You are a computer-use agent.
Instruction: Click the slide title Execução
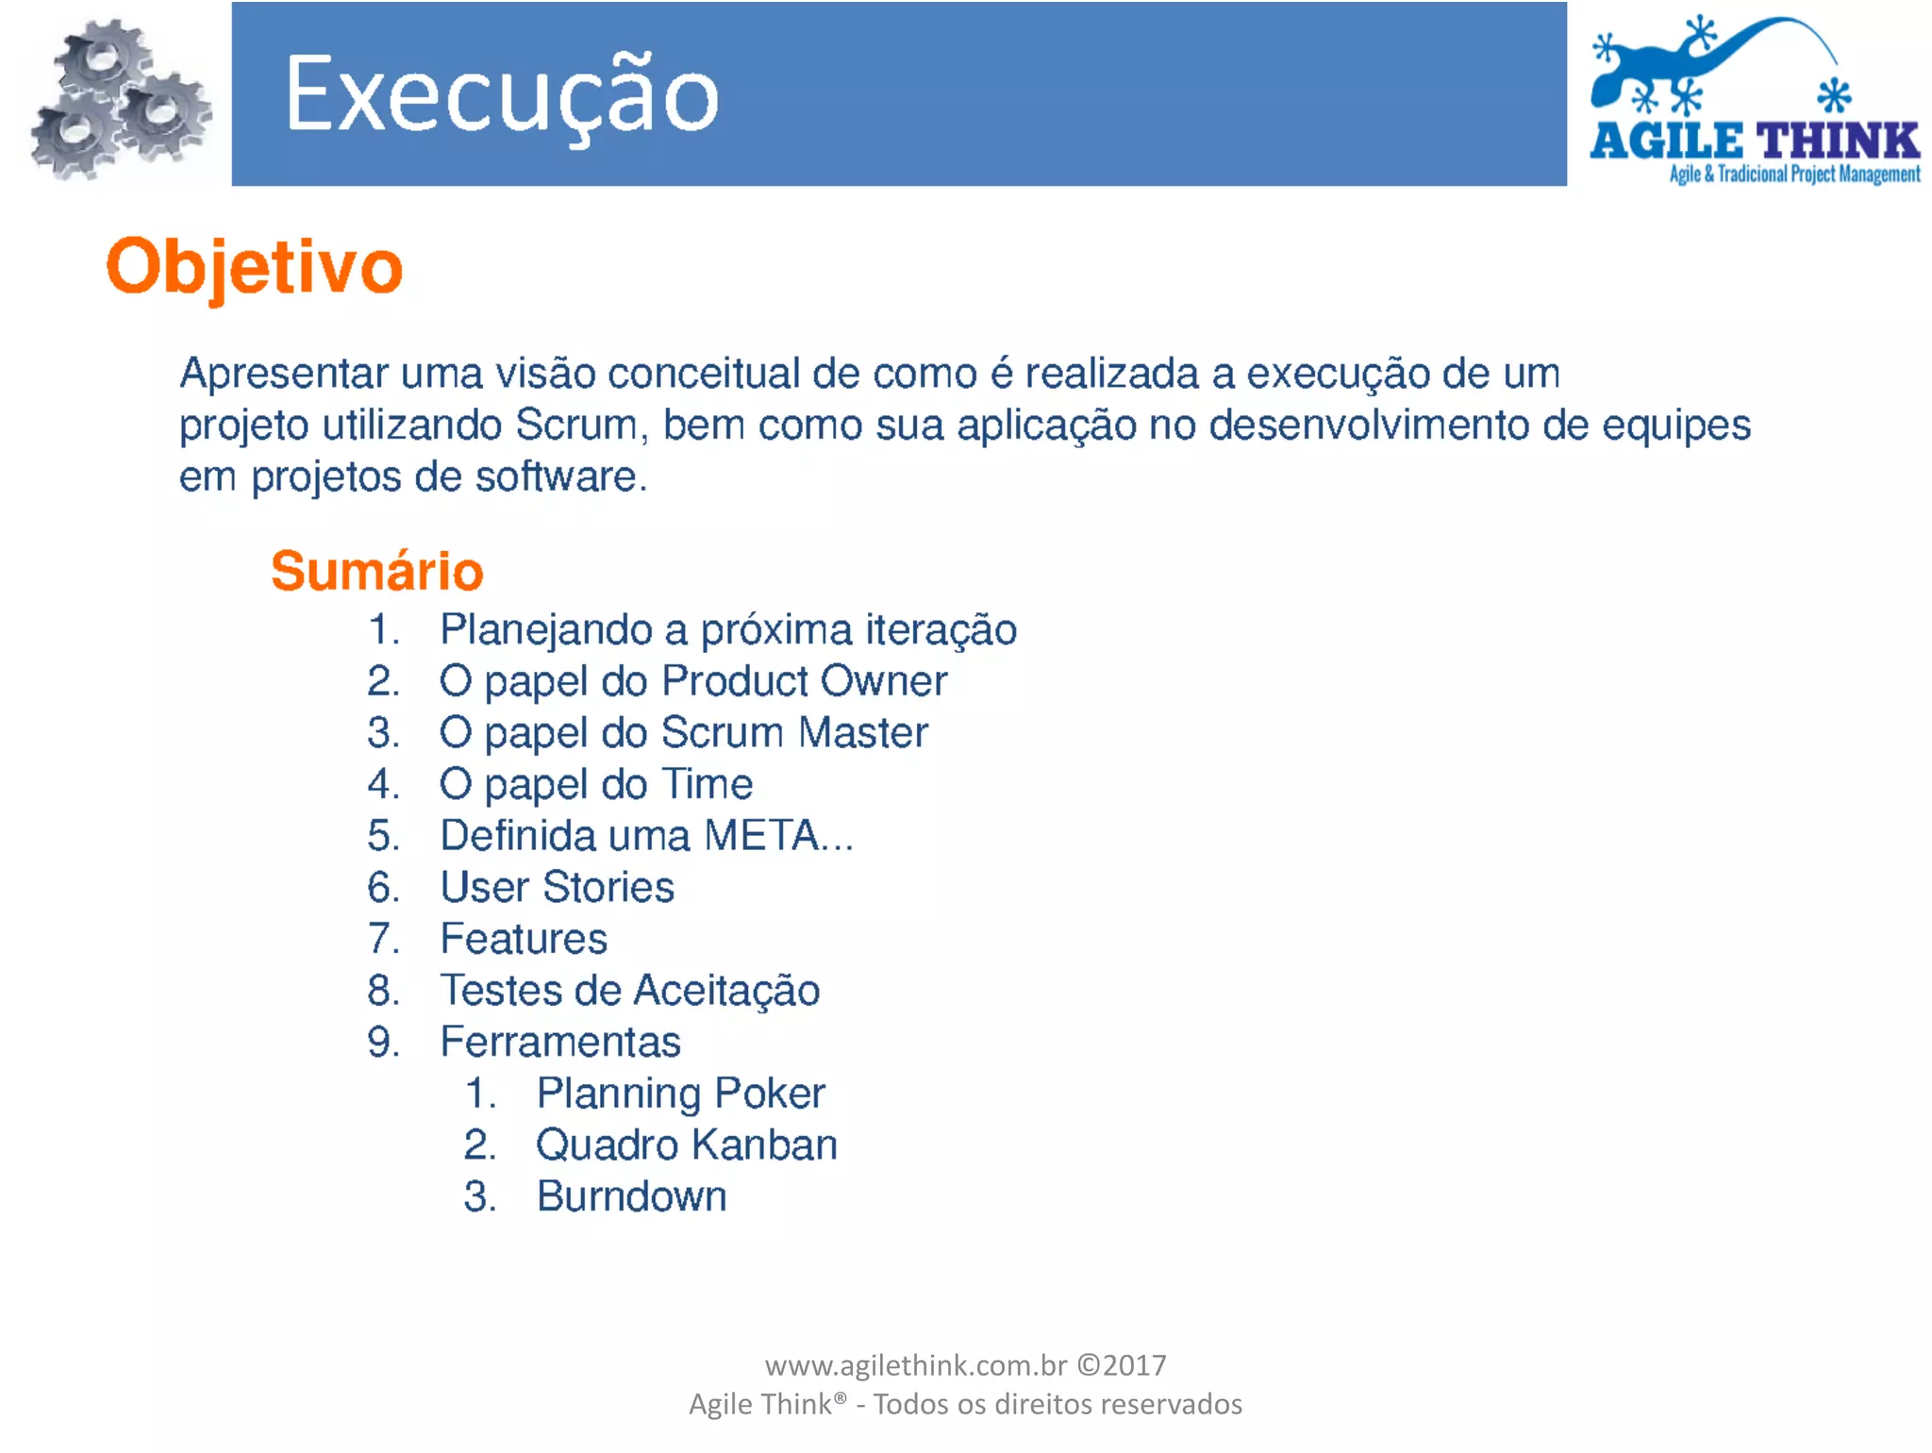[x=502, y=95]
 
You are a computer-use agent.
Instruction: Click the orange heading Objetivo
[x=255, y=267]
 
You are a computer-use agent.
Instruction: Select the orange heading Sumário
[x=376, y=571]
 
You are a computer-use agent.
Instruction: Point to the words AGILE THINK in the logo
[x=1755, y=142]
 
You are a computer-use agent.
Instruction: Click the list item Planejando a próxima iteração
[x=727, y=629]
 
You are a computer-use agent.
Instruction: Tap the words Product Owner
[x=804, y=681]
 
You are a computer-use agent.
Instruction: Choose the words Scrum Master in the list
[x=794, y=733]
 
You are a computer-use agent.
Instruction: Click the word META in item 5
[x=762, y=836]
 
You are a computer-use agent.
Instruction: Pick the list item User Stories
[x=557, y=887]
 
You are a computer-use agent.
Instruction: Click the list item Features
[x=524, y=939]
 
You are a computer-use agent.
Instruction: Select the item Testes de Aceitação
[x=629, y=991]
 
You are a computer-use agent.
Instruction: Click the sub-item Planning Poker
[x=680, y=1094]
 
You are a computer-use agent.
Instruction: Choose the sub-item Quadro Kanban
[x=686, y=1145]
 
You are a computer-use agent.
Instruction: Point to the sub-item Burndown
[x=631, y=1196]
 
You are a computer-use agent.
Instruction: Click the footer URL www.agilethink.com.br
[x=915, y=1365]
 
